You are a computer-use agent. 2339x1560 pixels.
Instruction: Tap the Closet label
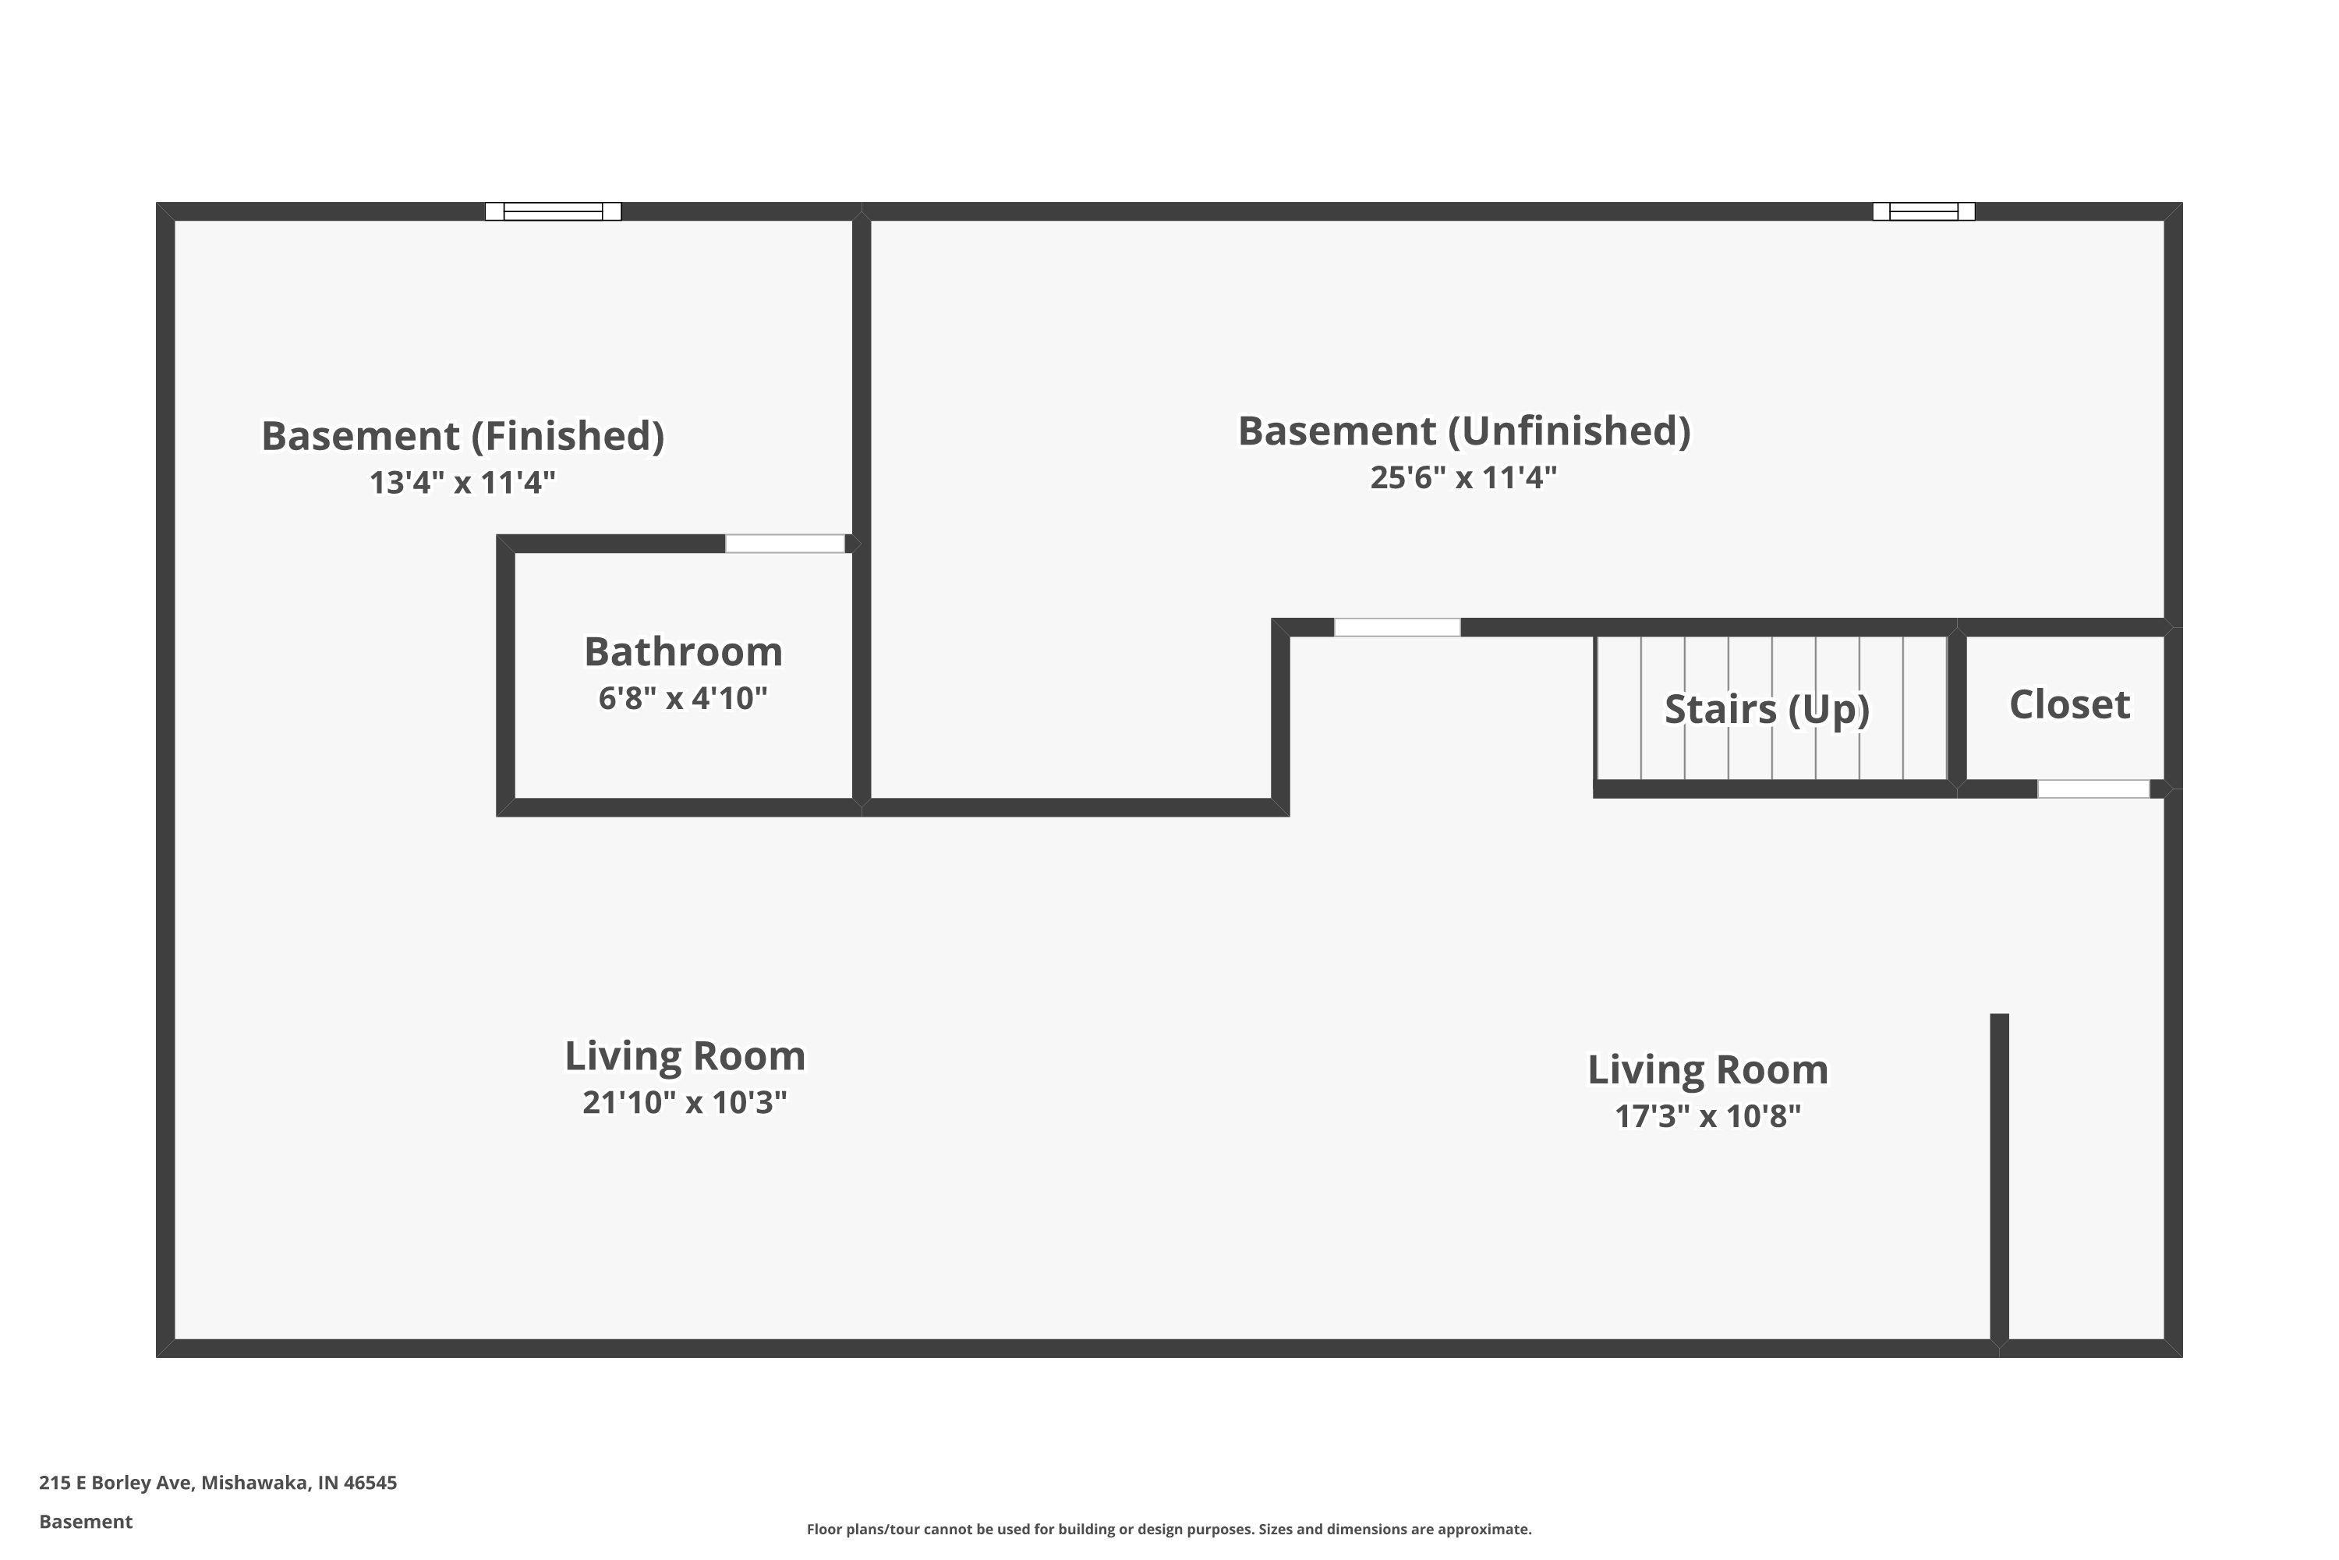[x=2069, y=704]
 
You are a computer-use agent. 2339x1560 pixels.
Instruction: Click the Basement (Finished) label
[x=462, y=437]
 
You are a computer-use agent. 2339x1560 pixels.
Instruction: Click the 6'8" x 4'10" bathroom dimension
[x=683, y=698]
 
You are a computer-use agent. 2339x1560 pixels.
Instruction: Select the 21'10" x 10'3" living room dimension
[x=685, y=1102]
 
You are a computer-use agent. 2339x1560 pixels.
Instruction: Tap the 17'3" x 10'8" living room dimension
[x=1707, y=1116]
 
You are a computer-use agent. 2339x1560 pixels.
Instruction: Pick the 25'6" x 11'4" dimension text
[x=1464, y=477]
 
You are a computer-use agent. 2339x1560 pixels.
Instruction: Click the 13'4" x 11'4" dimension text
[x=462, y=483]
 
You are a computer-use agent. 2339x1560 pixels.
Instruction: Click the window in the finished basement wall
[x=553, y=211]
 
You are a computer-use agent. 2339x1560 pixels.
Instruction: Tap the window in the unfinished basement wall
[x=1923, y=211]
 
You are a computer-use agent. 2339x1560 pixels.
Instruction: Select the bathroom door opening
[x=784, y=543]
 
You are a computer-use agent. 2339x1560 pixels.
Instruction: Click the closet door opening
[x=2093, y=789]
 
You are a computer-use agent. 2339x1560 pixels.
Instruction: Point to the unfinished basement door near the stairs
[x=1397, y=627]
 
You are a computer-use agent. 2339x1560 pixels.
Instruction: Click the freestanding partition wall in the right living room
[x=1999, y=1178]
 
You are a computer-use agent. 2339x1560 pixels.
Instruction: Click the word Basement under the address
[x=86, y=1521]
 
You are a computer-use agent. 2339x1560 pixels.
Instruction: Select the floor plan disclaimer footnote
[x=1169, y=1529]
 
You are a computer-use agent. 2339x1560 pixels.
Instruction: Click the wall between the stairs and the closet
[x=1957, y=707]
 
